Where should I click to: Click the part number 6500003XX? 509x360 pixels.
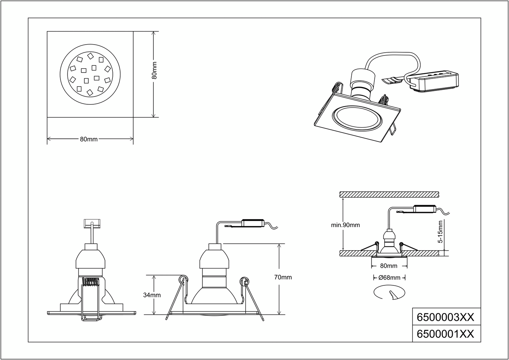coord(445,317)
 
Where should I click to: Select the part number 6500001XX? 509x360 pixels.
coord(445,334)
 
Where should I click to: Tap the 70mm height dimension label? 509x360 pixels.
coord(283,277)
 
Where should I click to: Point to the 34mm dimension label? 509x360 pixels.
coord(152,295)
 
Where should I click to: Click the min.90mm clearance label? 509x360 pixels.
coord(345,225)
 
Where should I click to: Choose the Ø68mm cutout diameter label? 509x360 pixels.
coord(390,278)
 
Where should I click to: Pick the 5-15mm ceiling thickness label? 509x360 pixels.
coord(440,232)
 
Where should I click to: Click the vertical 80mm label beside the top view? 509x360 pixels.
coord(154,70)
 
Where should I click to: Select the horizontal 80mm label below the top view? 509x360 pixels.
coord(89,139)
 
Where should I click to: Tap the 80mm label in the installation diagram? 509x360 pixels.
coord(389,266)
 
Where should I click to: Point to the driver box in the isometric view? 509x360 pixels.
coord(433,81)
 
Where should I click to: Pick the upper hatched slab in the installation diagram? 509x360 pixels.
coord(389,194)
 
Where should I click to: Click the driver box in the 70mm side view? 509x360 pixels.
coord(253,223)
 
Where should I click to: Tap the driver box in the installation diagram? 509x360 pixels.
coord(425,209)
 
